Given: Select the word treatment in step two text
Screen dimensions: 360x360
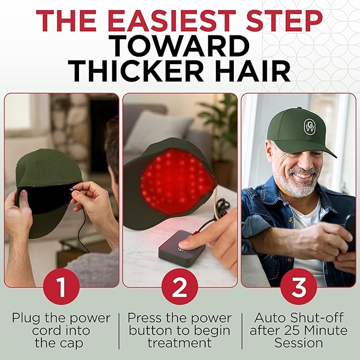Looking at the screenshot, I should tap(180, 343).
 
